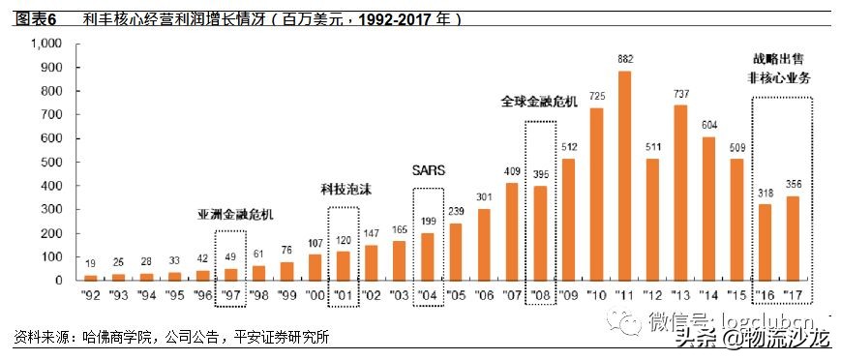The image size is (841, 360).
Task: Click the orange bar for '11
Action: point(624,175)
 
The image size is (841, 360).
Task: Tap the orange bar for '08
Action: point(540,232)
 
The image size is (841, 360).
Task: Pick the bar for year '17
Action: point(793,238)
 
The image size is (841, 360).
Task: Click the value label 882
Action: point(624,60)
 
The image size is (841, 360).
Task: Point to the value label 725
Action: point(596,96)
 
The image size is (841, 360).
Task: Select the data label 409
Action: point(512,170)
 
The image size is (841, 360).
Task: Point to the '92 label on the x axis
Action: point(90,291)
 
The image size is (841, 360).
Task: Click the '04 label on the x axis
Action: point(428,291)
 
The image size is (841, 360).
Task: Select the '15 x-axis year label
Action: point(736,291)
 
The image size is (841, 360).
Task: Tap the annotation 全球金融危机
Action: point(539,100)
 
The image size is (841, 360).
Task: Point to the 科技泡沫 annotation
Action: point(342,190)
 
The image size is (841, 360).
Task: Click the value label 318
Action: point(765,192)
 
